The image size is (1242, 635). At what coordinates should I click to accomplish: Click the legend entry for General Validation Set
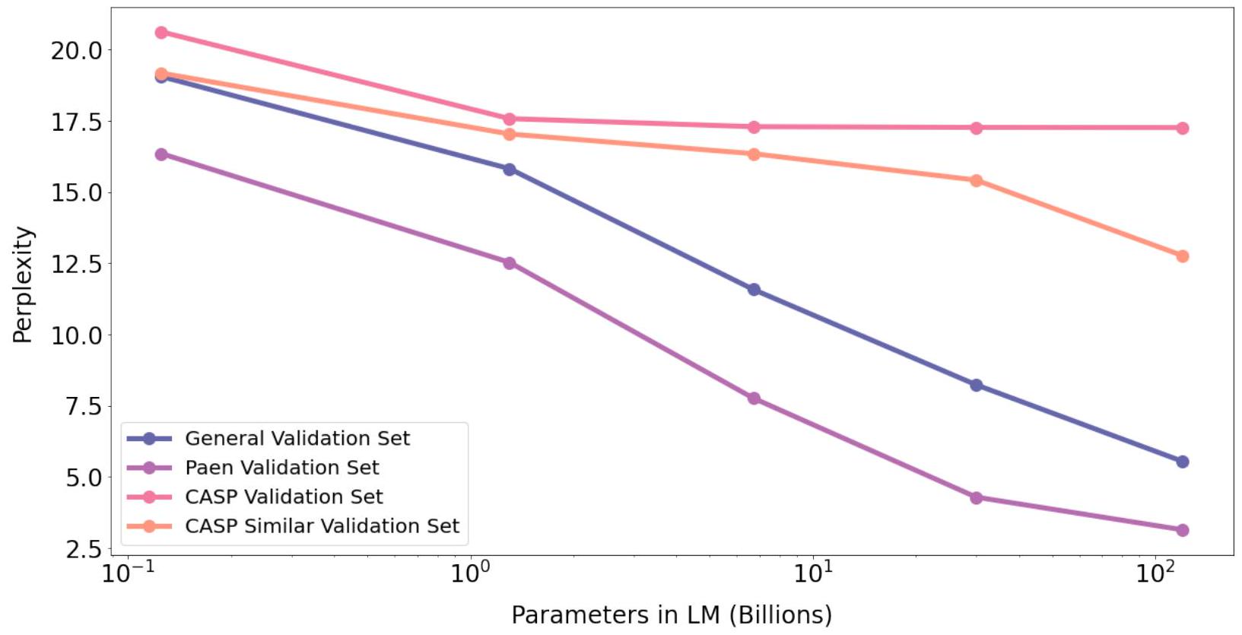tap(297, 439)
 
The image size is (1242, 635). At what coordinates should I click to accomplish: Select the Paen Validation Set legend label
tap(281, 468)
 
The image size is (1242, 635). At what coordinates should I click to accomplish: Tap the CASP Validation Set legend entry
tap(284, 497)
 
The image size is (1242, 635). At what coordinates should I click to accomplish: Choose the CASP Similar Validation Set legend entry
tap(322, 526)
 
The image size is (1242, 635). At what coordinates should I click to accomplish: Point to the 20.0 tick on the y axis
tap(76, 50)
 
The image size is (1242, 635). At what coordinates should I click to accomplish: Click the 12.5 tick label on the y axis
tap(76, 265)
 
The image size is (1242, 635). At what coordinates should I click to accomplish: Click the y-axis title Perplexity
tap(23, 285)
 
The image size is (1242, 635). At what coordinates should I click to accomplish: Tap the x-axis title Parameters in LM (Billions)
tap(672, 614)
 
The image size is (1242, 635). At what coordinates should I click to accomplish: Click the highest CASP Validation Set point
tap(161, 33)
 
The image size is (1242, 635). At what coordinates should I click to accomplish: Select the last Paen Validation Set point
tap(1182, 530)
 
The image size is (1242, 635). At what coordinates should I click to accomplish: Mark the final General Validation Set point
tap(1182, 462)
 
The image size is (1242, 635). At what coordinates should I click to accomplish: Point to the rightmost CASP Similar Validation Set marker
tap(1182, 256)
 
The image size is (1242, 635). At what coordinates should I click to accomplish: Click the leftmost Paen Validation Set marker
tap(161, 154)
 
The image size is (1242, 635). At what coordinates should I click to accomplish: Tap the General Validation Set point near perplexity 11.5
tap(754, 290)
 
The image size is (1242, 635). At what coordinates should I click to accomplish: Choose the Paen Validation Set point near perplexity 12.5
tap(510, 263)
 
